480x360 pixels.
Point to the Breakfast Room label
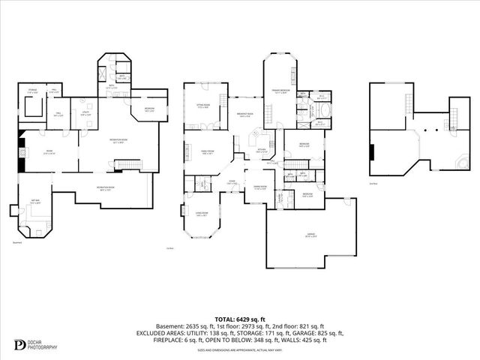point(244,115)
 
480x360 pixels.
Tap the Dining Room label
point(260,187)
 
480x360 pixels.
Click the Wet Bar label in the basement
point(35,202)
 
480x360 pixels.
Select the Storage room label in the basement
point(32,91)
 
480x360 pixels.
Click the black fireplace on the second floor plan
point(371,152)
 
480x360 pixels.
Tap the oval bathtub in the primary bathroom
point(322,123)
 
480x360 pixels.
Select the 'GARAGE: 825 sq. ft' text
point(317,333)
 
